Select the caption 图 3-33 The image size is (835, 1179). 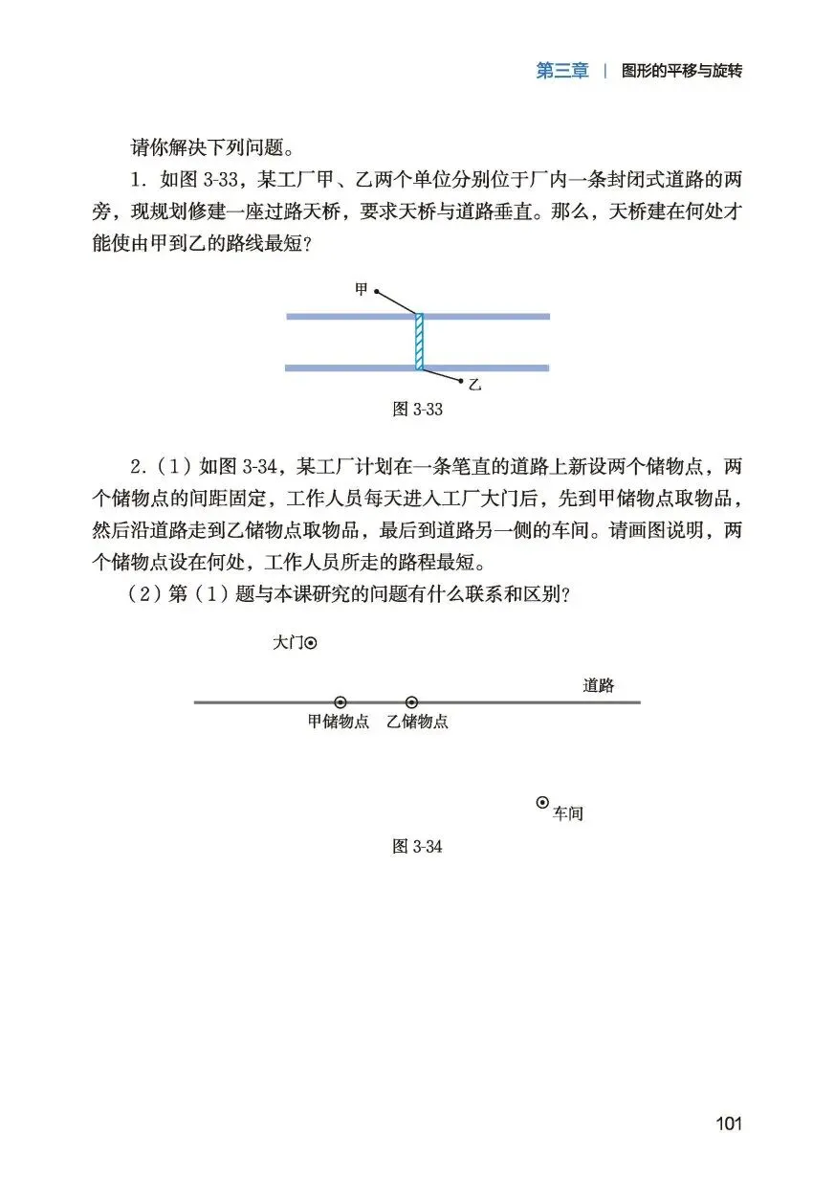tap(417, 409)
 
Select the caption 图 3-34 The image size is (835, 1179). tap(417, 847)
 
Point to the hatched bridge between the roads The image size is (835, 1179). tap(419, 342)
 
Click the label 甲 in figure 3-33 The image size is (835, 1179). tap(361, 289)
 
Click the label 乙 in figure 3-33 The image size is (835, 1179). tap(474, 385)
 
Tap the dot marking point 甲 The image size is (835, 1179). tap(376, 290)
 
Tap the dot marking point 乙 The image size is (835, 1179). tap(462, 381)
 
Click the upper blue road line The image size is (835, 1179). tap(497, 316)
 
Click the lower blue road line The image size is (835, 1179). tap(497, 367)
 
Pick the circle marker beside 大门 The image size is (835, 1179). tap(310, 644)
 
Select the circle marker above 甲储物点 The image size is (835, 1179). tap(340, 702)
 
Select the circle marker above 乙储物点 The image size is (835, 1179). tap(411, 702)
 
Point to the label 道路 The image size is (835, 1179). tap(598, 685)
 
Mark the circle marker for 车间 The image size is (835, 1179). tap(542, 803)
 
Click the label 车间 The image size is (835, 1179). tap(568, 814)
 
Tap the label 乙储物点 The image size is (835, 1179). tap(417, 723)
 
